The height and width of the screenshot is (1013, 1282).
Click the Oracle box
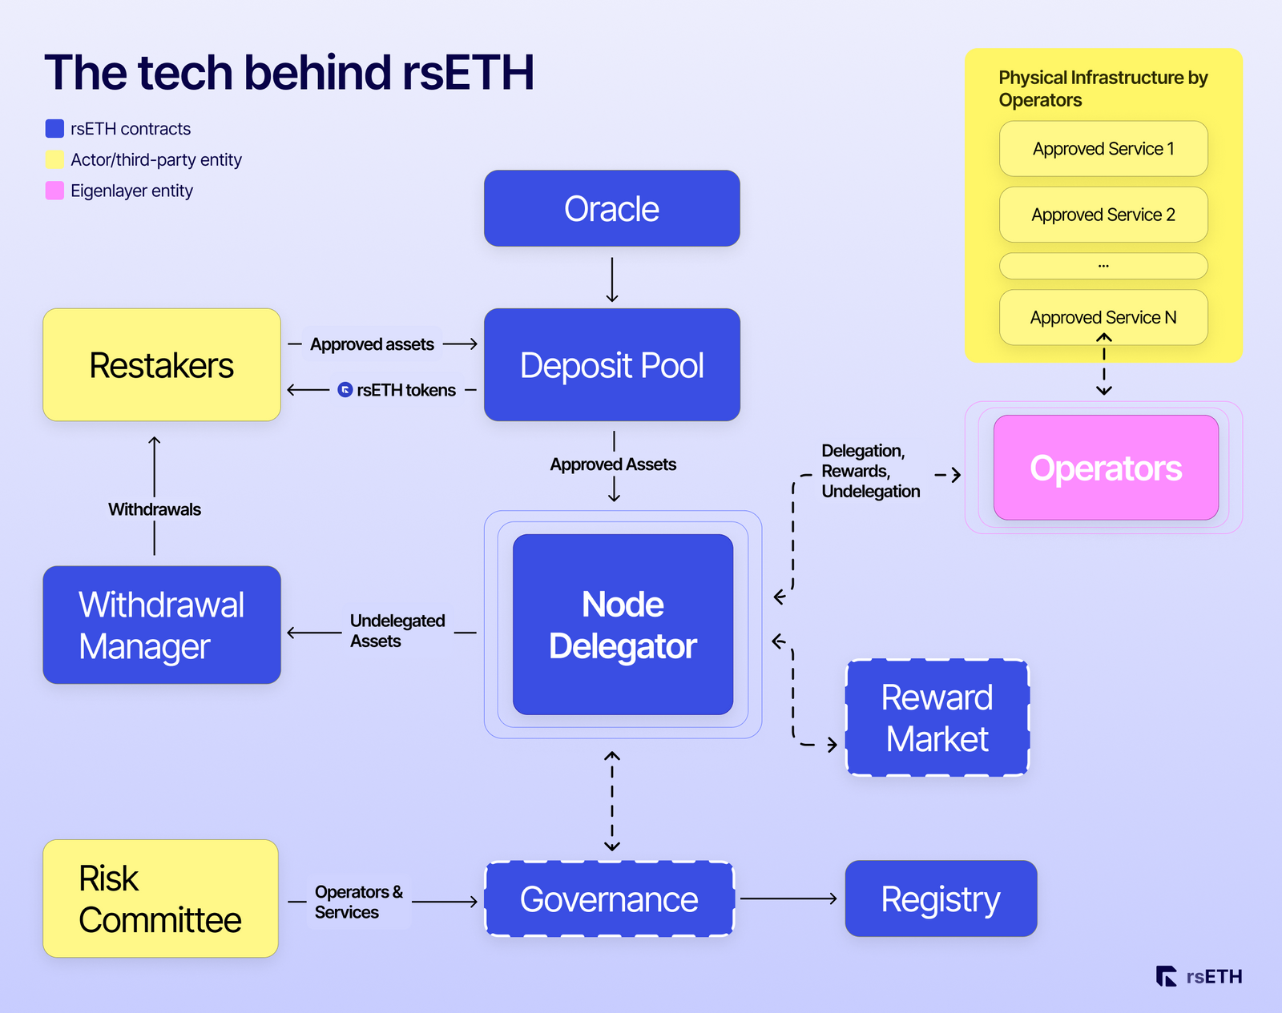(x=611, y=208)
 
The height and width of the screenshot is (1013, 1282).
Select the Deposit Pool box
(x=611, y=365)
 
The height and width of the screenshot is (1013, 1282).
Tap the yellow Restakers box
(x=161, y=365)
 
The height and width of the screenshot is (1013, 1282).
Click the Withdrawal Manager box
(x=161, y=625)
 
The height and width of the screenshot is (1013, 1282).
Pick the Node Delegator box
(x=623, y=625)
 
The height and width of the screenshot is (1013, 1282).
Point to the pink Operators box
(x=1106, y=468)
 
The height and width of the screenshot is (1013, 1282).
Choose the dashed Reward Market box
(x=937, y=718)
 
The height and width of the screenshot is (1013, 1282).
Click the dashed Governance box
(x=609, y=898)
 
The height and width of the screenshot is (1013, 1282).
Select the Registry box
(x=941, y=898)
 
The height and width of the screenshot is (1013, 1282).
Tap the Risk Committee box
(x=160, y=898)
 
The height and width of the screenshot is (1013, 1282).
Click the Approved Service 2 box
(x=1103, y=215)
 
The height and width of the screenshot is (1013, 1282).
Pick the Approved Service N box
(x=1103, y=317)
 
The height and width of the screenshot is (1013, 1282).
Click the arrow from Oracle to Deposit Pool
(x=612, y=279)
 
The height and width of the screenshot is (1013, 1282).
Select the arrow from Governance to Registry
(x=788, y=898)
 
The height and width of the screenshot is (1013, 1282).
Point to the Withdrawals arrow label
(x=155, y=509)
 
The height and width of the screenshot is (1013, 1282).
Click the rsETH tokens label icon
(x=345, y=390)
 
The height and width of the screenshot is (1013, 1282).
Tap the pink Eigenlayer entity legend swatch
(x=54, y=191)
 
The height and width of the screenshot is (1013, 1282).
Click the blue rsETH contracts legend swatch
(x=54, y=128)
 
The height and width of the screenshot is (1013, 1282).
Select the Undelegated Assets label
(x=397, y=631)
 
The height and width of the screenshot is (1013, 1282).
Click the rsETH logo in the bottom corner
(x=1199, y=976)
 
